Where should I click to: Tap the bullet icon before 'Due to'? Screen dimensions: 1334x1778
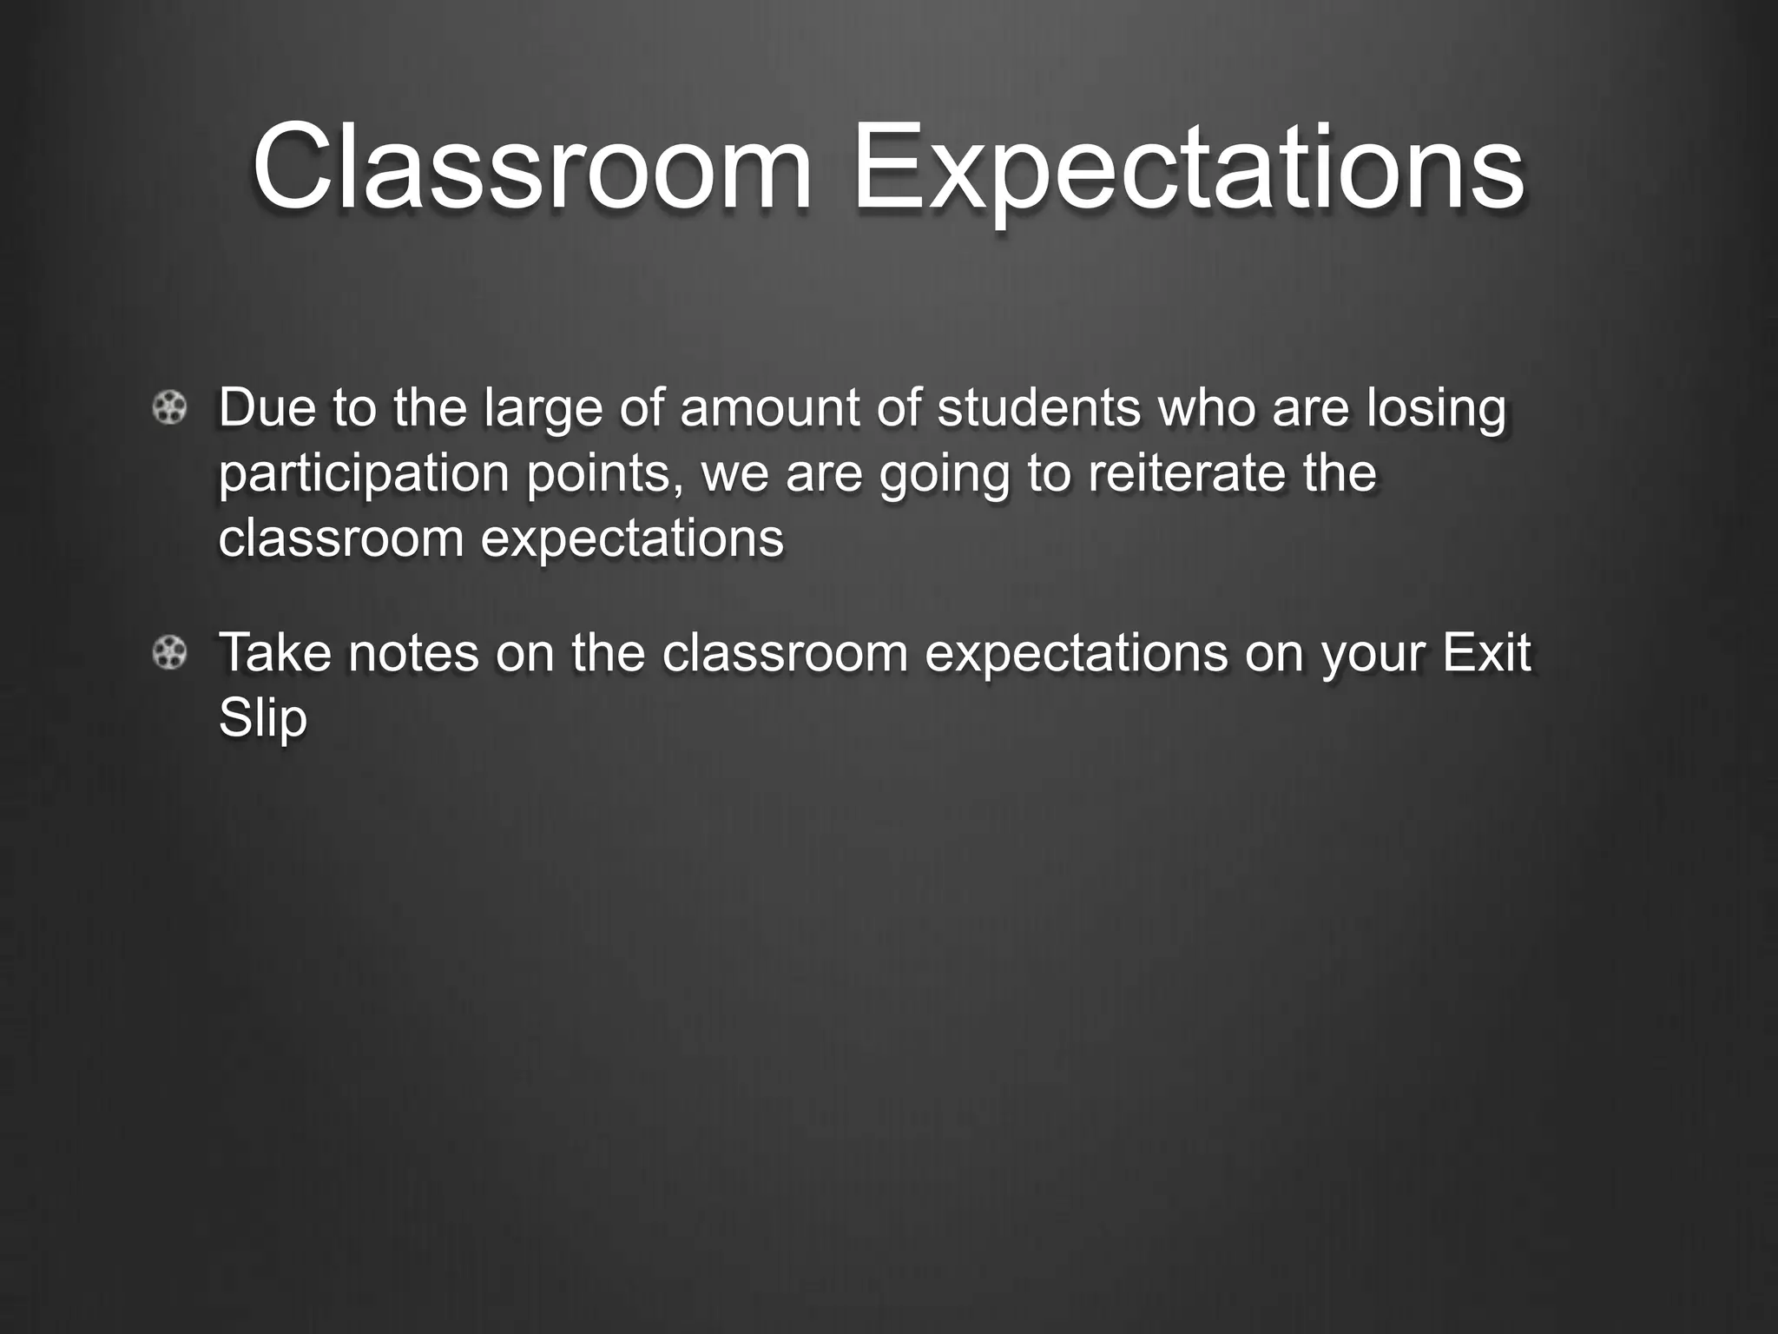click(x=169, y=407)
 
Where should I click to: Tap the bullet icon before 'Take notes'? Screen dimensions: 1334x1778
click(x=169, y=652)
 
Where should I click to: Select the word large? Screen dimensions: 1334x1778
click(x=543, y=409)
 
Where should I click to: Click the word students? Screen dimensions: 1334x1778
click(x=1038, y=407)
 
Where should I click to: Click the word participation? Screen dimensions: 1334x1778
click(x=364, y=474)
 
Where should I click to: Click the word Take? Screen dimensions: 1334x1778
click(x=274, y=652)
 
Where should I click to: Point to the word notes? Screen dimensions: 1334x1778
click(x=413, y=652)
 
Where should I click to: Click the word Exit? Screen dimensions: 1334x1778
click(x=1486, y=652)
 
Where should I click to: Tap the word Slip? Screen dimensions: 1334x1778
click(x=263, y=719)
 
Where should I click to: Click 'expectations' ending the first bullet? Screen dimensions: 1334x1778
click(x=632, y=539)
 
